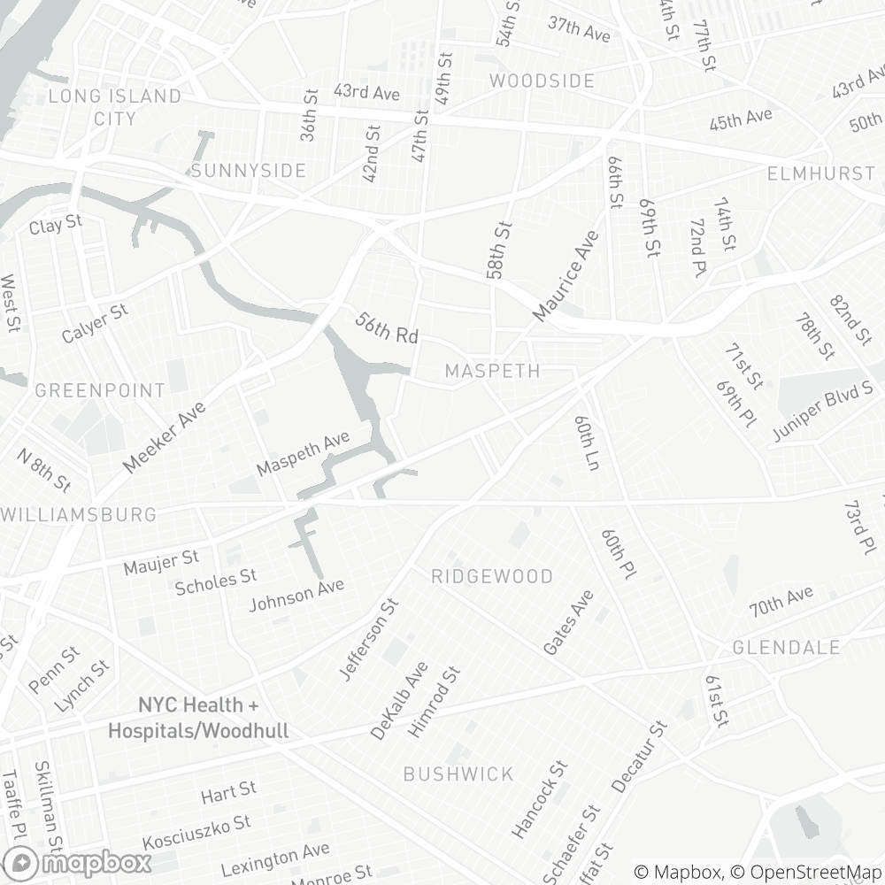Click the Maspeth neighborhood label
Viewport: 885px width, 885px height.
[x=492, y=371]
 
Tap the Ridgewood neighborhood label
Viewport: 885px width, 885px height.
[x=492, y=577]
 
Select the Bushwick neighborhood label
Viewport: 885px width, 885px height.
[x=458, y=774]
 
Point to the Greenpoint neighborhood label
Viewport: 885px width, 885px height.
[x=100, y=390]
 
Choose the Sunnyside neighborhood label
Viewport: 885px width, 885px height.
[x=248, y=171]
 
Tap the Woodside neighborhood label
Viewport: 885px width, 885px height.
[x=542, y=81]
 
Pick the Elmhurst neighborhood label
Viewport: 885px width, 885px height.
[x=821, y=173]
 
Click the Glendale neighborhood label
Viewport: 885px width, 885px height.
[x=786, y=648]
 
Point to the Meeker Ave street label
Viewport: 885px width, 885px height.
[x=165, y=437]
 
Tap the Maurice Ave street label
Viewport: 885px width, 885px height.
[x=566, y=276]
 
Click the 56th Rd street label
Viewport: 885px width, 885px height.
[x=386, y=327]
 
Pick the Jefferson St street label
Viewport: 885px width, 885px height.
[x=369, y=639]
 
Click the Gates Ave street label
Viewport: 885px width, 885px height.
[x=568, y=623]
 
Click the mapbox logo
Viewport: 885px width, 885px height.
[x=77, y=862]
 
